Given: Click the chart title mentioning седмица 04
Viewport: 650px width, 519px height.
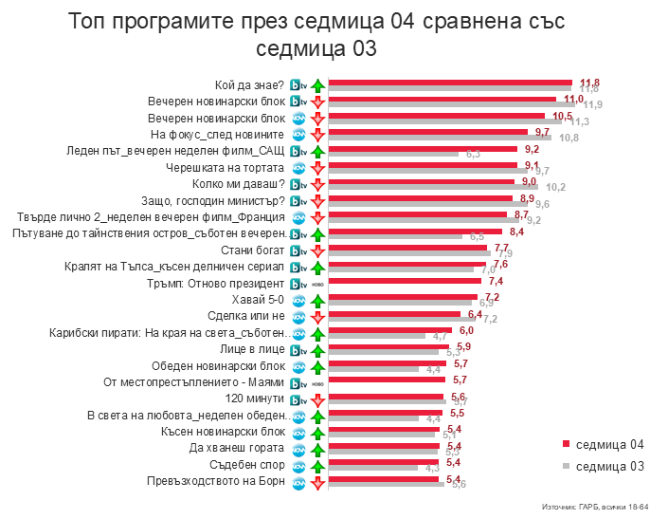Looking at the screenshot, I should [x=325, y=35].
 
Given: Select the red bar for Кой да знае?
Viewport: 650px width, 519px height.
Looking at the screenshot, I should [x=450, y=83].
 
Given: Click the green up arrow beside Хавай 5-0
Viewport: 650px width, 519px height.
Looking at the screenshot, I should [x=318, y=300].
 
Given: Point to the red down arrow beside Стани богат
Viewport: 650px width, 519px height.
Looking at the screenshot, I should [x=318, y=250].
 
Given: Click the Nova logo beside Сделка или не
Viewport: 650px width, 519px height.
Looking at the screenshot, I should [x=297, y=316].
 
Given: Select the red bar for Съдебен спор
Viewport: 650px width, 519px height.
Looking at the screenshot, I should [x=384, y=462].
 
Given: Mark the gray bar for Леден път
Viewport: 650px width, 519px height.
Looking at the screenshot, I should [x=393, y=154].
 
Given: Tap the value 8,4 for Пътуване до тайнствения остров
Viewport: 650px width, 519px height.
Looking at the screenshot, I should [x=517, y=232].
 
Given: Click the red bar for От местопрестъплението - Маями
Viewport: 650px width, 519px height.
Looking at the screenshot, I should [x=387, y=380].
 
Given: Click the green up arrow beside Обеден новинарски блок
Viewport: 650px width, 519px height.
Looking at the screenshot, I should [x=318, y=366].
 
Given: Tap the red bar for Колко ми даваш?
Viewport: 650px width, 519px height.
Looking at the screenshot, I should [x=421, y=181].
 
